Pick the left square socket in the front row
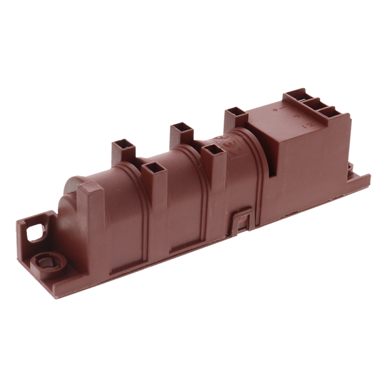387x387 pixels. (x=150, y=168)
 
